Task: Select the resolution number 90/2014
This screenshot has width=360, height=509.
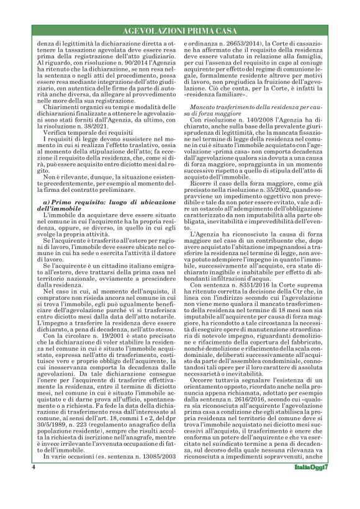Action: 131,63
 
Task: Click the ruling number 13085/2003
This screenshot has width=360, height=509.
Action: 158,457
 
